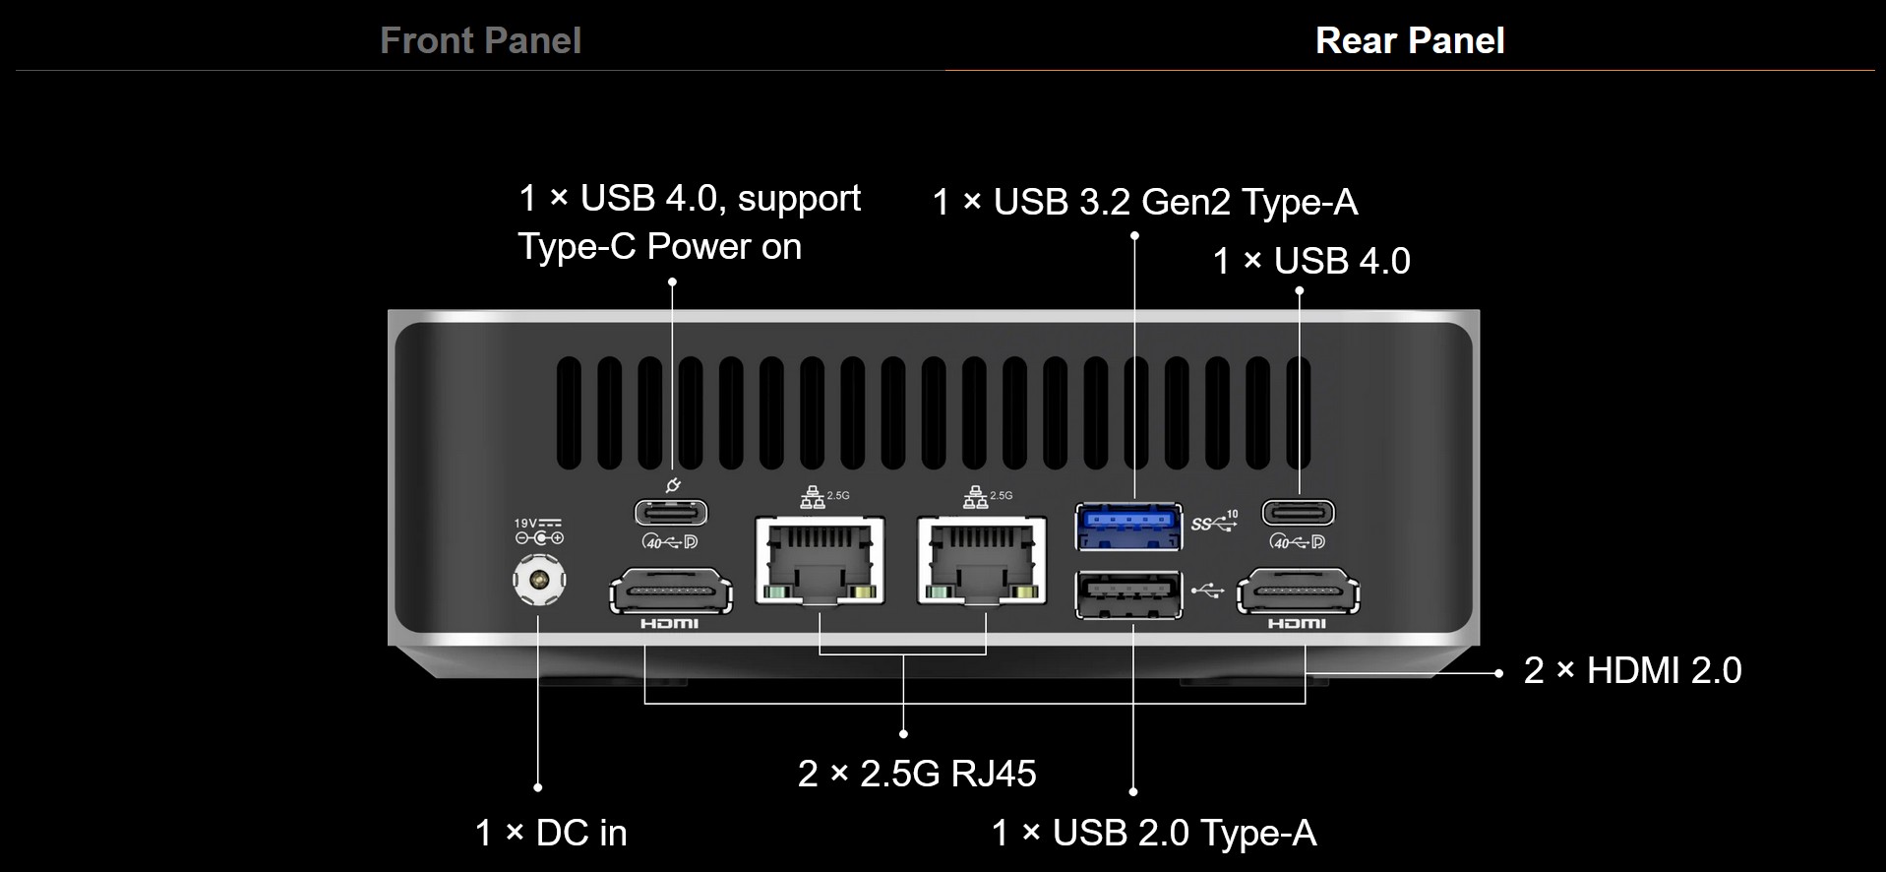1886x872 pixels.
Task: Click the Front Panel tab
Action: click(x=480, y=40)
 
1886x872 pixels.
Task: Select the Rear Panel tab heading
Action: click(x=1409, y=40)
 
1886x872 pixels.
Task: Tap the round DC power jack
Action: click(x=539, y=580)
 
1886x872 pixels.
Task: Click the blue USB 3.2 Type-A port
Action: click(x=1128, y=525)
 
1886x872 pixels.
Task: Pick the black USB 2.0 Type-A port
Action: click(x=1128, y=594)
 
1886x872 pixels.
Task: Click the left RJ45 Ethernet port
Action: click(x=820, y=560)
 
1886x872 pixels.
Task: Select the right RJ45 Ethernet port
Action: click(x=982, y=560)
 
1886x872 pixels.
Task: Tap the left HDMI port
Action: click(x=671, y=592)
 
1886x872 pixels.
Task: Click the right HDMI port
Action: click(x=1298, y=592)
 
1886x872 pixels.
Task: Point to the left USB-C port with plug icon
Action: click(x=671, y=513)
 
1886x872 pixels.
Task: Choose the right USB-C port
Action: click(x=1299, y=513)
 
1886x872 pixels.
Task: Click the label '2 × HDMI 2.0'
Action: click(x=1632, y=671)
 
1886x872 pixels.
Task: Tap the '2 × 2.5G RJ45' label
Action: click(x=917, y=774)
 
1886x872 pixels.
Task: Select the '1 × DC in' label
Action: click(x=551, y=833)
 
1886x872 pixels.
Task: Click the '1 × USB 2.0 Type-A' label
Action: click(x=1153, y=833)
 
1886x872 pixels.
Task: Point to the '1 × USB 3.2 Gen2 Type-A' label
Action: click(x=1144, y=203)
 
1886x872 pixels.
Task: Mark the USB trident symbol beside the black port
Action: click(x=1208, y=591)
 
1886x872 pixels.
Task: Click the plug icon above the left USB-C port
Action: click(x=673, y=484)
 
